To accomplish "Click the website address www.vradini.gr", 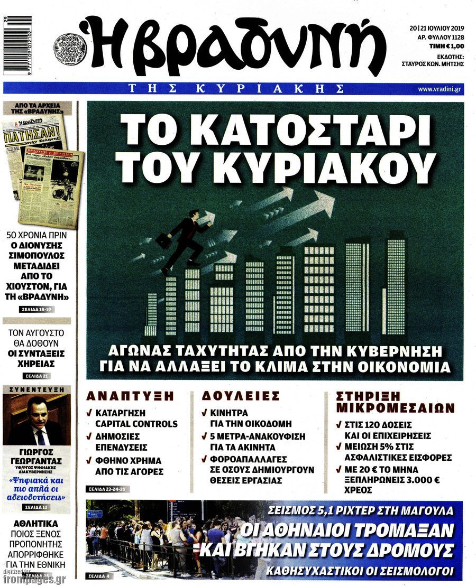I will coord(438,89).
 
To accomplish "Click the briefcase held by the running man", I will coord(163,240).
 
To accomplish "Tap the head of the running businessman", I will coord(193,214).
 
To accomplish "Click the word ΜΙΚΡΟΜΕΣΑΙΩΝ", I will coord(395,407).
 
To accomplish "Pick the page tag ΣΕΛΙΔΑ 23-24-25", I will coord(107,489).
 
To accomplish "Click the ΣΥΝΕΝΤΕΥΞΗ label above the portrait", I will coord(37,389).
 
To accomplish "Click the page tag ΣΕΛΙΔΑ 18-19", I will coord(37,309).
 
